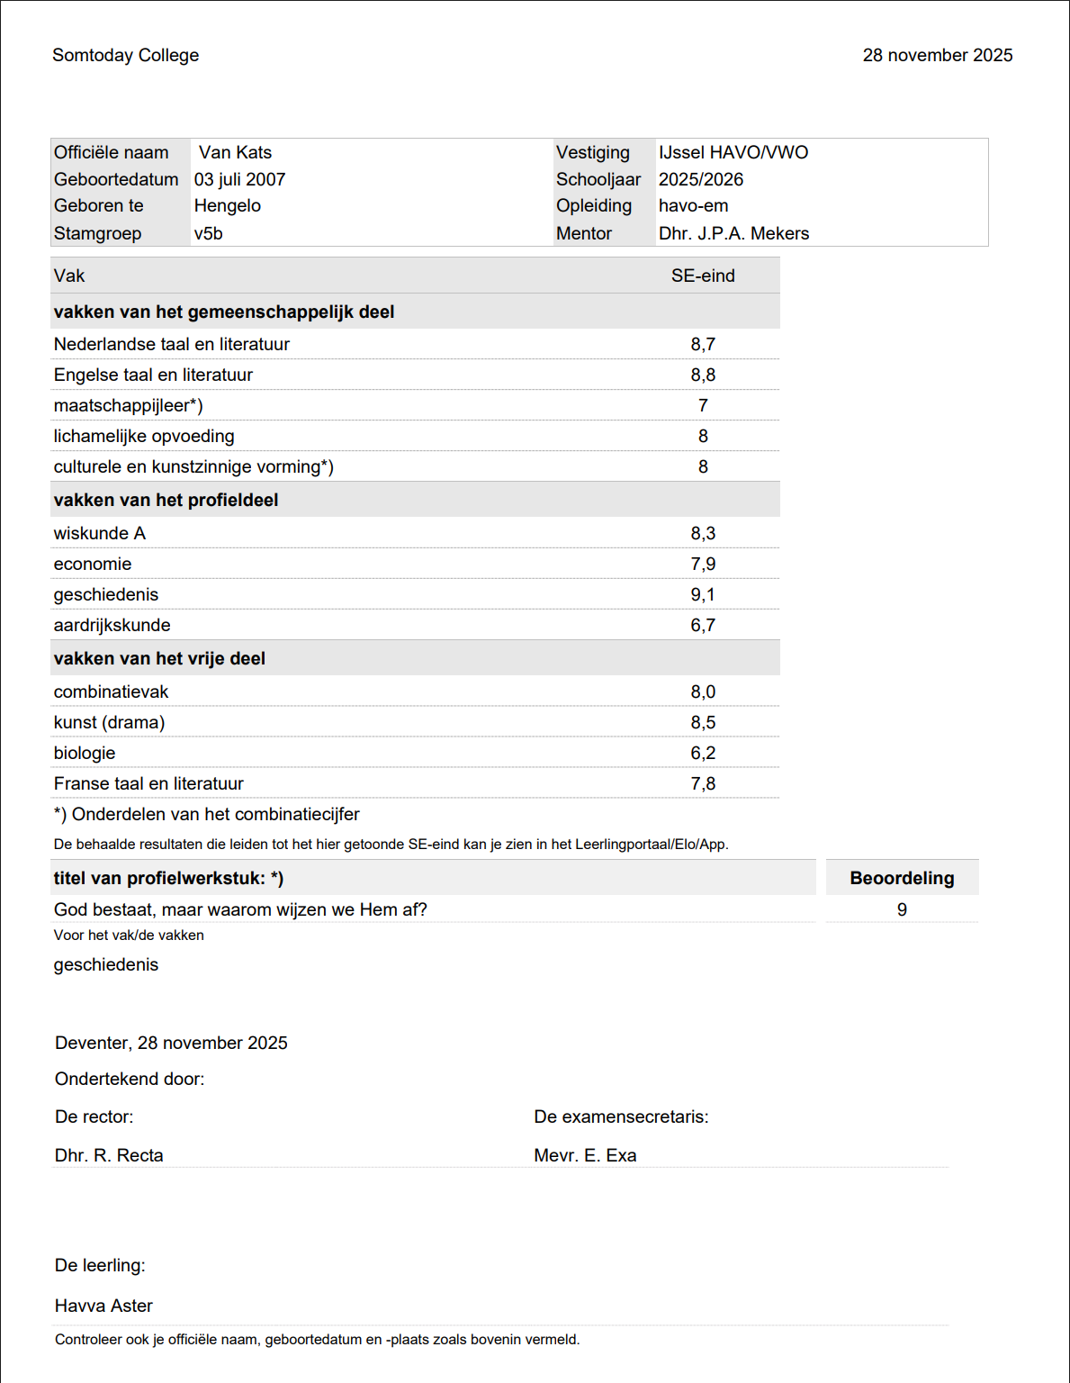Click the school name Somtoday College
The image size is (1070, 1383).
[125, 55]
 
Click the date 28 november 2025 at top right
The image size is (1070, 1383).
[937, 55]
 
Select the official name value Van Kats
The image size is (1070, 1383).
[235, 152]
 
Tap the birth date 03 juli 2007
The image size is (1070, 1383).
[239, 179]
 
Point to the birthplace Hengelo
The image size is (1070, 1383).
[227, 205]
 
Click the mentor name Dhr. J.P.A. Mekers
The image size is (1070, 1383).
[733, 233]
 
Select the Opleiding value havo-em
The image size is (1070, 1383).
[693, 205]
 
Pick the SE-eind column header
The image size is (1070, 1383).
[703, 276]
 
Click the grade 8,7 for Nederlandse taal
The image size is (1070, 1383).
[703, 344]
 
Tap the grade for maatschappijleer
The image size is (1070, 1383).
[703, 405]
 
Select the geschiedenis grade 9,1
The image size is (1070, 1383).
[703, 594]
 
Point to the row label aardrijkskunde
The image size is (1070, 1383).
[112, 625]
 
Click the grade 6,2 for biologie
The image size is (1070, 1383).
[703, 753]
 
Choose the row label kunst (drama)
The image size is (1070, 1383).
[109, 722]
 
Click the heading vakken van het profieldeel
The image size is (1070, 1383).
[166, 500]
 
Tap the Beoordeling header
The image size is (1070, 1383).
[902, 878]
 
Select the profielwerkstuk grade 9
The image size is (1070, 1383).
[902, 909]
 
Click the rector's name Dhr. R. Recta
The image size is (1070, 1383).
[109, 1155]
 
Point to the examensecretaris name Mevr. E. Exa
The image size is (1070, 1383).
[585, 1155]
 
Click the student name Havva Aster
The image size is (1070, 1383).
[103, 1306]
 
